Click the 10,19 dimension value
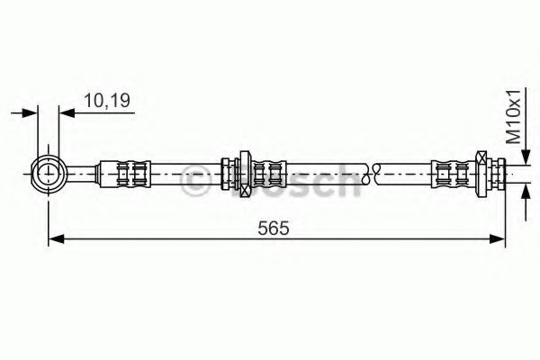pos(107,100)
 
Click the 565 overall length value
pos(274,228)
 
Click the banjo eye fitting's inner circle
pos(49,174)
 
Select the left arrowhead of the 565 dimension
pos(56,238)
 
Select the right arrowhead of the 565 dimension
pos(498,238)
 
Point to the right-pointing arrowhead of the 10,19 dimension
pos(30,112)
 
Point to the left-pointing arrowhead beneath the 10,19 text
pos(67,112)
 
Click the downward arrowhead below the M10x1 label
pos(526,157)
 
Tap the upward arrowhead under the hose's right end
pos(526,193)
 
